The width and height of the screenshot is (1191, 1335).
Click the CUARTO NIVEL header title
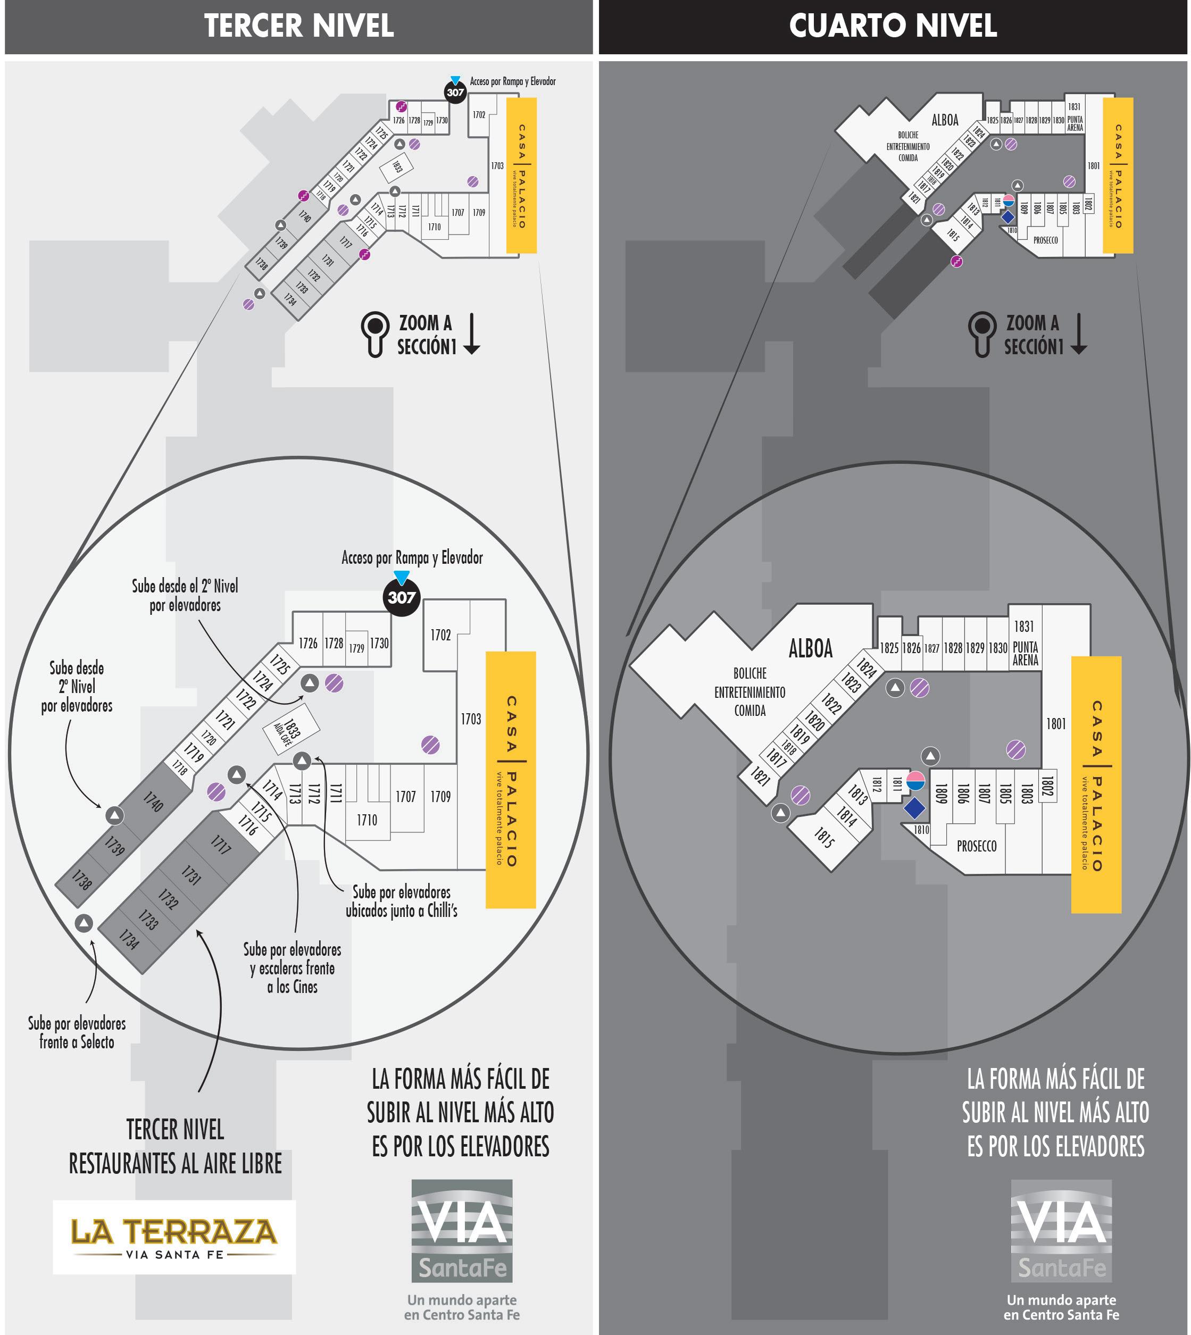tap(893, 26)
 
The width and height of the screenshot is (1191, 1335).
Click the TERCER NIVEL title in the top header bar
tap(298, 26)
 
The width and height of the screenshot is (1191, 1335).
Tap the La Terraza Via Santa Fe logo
tap(174, 1236)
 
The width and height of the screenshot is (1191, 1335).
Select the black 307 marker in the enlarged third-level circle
tap(401, 597)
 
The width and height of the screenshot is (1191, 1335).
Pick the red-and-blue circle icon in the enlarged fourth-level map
tap(915, 781)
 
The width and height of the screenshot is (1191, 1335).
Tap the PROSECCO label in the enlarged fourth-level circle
tap(976, 846)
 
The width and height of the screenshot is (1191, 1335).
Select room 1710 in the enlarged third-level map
tap(367, 820)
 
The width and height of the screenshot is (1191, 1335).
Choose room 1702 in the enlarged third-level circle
tap(440, 635)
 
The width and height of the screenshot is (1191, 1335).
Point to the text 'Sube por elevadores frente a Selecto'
tap(77, 1033)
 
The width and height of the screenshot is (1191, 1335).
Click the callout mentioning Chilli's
tap(401, 901)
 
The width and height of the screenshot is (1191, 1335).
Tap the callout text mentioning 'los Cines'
tap(292, 968)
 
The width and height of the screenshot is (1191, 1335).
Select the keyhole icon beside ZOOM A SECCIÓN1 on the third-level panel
tap(375, 333)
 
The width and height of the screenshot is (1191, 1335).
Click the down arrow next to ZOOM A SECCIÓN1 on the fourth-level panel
tap(1078, 334)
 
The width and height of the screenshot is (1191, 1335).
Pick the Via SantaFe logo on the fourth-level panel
tap(1061, 1230)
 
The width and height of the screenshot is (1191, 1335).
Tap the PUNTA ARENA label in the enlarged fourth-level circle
tap(1025, 653)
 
